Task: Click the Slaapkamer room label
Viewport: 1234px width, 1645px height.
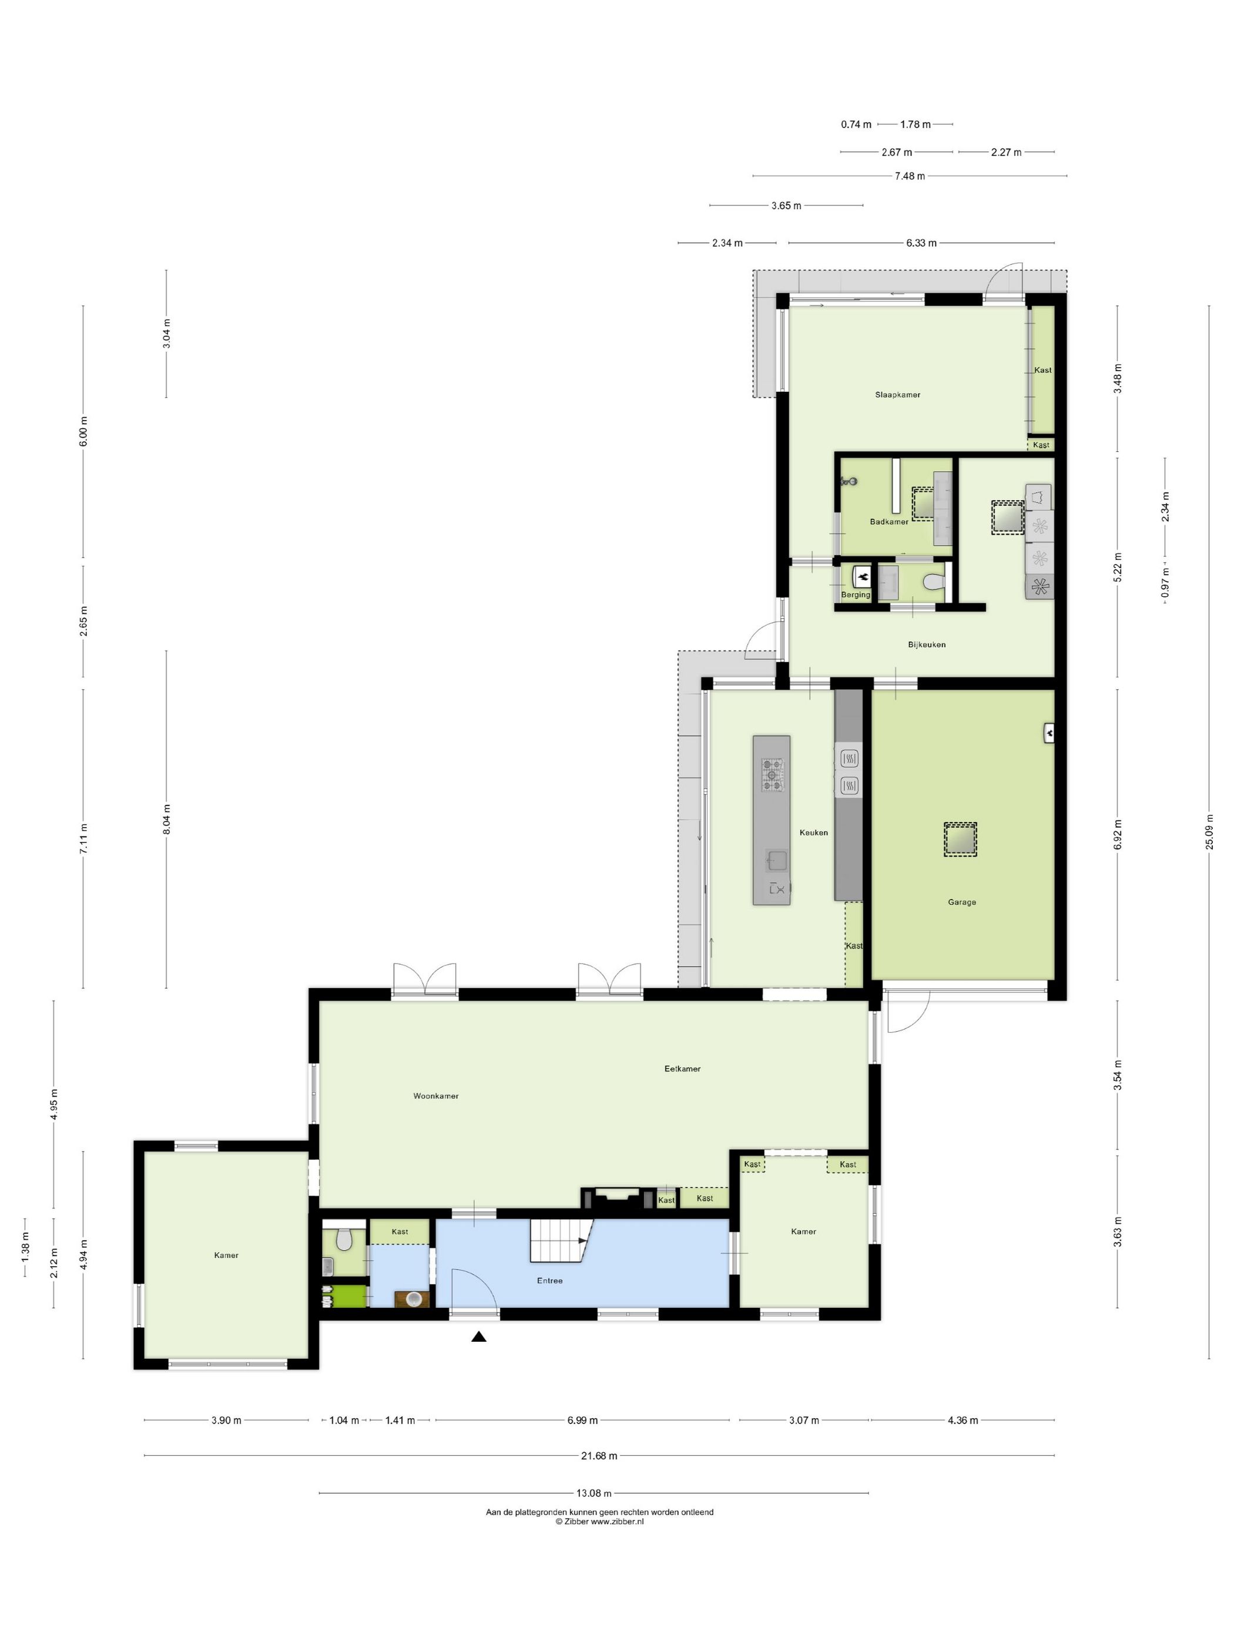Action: pyautogui.click(x=897, y=395)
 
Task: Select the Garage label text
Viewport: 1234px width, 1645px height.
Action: pyautogui.click(x=961, y=902)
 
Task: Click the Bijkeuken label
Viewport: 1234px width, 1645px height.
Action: pyautogui.click(x=926, y=644)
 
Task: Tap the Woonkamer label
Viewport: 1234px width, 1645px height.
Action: pyautogui.click(x=436, y=1096)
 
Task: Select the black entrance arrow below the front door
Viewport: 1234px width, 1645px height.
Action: pyautogui.click(x=478, y=1337)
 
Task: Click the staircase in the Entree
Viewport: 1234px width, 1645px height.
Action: pyautogui.click(x=559, y=1240)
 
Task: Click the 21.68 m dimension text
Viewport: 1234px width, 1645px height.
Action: pyautogui.click(x=599, y=1456)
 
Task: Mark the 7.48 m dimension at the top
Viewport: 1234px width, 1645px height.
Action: pyautogui.click(x=910, y=176)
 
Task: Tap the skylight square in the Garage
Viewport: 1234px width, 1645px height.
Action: pyautogui.click(x=960, y=839)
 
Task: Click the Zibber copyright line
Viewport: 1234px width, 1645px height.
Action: pyautogui.click(x=599, y=1522)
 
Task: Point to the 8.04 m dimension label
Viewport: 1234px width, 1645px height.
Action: pyautogui.click(x=167, y=819)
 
